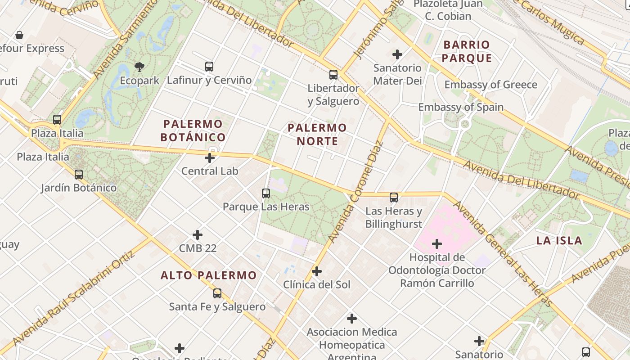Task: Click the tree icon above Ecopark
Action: click(139, 67)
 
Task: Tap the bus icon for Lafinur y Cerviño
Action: click(209, 67)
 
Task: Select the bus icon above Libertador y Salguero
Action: click(333, 75)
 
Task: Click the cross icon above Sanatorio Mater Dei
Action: click(397, 55)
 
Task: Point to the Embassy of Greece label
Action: click(490, 85)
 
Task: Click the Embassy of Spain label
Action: click(461, 107)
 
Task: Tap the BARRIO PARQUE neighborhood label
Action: click(467, 51)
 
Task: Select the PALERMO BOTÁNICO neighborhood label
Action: click(193, 130)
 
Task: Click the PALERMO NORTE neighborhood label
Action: click(317, 134)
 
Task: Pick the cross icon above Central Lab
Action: click(210, 158)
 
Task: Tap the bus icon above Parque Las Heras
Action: click(266, 193)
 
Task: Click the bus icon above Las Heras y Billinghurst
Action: click(394, 197)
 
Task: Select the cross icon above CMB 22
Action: click(198, 235)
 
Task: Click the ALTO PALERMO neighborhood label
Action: click(209, 275)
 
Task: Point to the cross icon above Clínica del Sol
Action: click(317, 271)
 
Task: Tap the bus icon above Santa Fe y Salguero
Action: click(217, 293)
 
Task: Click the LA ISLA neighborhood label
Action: click(559, 240)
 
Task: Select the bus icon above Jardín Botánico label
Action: click(79, 175)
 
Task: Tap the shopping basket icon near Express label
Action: click(19, 35)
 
